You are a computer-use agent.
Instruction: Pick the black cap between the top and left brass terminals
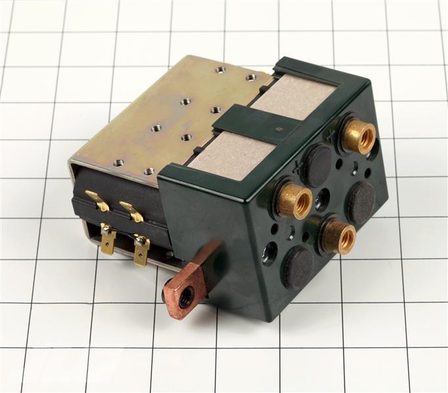click(x=318, y=166)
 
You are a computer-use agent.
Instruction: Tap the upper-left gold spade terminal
click(x=98, y=200)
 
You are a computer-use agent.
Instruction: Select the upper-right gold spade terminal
click(x=132, y=211)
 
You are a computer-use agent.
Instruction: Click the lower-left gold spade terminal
click(x=108, y=240)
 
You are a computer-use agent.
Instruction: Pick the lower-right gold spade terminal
click(x=141, y=250)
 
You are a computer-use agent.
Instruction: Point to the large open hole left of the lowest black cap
click(x=269, y=253)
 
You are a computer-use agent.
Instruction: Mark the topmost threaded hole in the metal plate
click(x=220, y=69)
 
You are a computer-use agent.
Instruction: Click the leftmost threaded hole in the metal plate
click(x=118, y=162)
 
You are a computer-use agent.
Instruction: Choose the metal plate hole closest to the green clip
click(x=215, y=109)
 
